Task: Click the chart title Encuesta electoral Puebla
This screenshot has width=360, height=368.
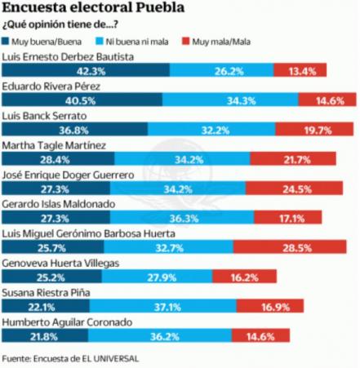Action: pyautogui.click(x=93, y=7)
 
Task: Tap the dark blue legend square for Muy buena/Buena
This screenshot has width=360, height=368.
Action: pyautogui.click(x=6, y=42)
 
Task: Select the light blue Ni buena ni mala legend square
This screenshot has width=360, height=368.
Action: pyautogui.click(x=100, y=42)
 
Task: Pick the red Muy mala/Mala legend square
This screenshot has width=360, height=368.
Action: pyautogui.click(x=185, y=42)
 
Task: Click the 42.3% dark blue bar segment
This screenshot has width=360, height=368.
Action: pyautogui.click(x=86, y=70)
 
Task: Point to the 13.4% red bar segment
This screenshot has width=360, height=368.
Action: pyautogui.click(x=300, y=70)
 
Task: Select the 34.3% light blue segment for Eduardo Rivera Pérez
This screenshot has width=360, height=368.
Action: pyautogui.click(x=230, y=100)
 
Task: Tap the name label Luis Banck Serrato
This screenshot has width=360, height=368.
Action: pyautogui.click(x=44, y=116)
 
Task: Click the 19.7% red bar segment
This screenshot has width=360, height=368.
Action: pyautogui.click(x=314, y=129)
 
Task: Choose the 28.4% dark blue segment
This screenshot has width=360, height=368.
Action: pyautogui.click(x=58, y=158)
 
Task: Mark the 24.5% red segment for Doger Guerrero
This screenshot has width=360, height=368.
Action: pyautogui.click(x=294, y=188)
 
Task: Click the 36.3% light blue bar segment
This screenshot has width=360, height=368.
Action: pyautogui.click(x=182, y=217)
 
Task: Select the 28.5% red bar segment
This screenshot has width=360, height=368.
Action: pyautogui.click(x=290, y=246)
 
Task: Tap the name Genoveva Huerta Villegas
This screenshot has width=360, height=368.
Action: pyautogui.click(x=60, y=264)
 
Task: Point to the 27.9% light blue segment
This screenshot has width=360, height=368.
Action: pyautogui.click(x=157, y=277)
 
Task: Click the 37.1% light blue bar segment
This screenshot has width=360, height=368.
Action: pyautogui.click(x=163, y=306)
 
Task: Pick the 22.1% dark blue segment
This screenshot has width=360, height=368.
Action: pyautogui.click(x=46, y=306)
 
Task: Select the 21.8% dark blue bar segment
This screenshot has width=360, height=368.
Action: pyautogui.click(x=45, y=335)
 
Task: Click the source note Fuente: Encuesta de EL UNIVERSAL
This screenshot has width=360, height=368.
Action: pyautogui.click(x=70, y=358)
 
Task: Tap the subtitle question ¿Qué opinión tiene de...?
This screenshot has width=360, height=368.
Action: pyautogui.click(x=60, y=24)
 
